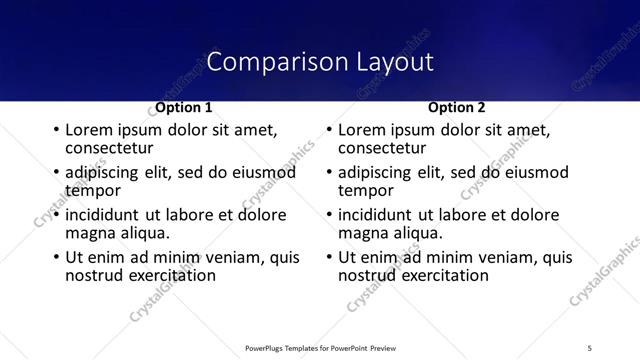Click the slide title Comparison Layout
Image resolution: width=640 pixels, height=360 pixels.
(x=320, y=62)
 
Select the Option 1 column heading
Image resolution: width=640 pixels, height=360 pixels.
(x=184, y=107)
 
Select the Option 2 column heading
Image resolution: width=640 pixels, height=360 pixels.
(x=458, y=107)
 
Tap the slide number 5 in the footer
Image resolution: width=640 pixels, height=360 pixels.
(x=590, y=347)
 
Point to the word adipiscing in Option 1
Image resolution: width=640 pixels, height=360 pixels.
(x=104, y=174)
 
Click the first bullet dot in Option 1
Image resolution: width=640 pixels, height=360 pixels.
(x=56, y=131)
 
